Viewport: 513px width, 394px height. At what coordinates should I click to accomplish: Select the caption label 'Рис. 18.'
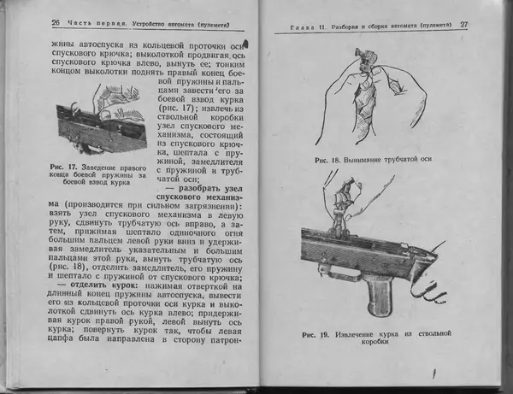[x=329, y=161]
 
